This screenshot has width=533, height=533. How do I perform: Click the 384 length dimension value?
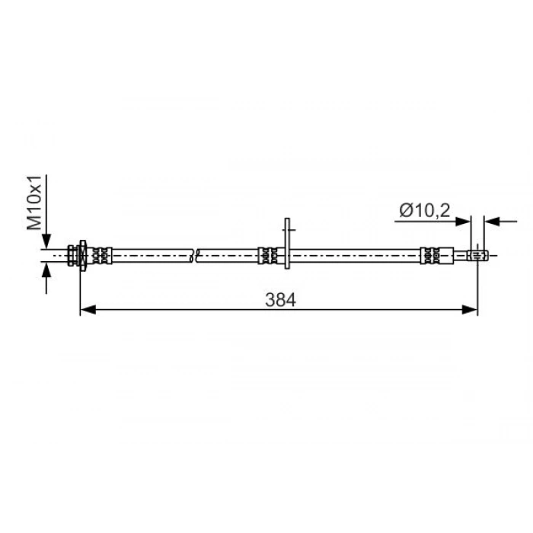[280, 300]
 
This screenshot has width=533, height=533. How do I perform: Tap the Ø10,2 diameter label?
[425, 210]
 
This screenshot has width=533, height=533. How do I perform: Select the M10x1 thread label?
[34, 203]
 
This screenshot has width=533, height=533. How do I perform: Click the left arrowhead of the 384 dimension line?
[88, 310]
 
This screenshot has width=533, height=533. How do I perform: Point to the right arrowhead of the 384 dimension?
[470, 310]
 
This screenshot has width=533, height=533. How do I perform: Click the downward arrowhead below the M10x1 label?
[46, 241]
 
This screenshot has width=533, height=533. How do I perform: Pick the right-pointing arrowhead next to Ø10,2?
[463, 222]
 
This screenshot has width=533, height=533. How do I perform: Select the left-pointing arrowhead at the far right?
[492, 222]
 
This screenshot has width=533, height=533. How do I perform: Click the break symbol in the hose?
[194, 255]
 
